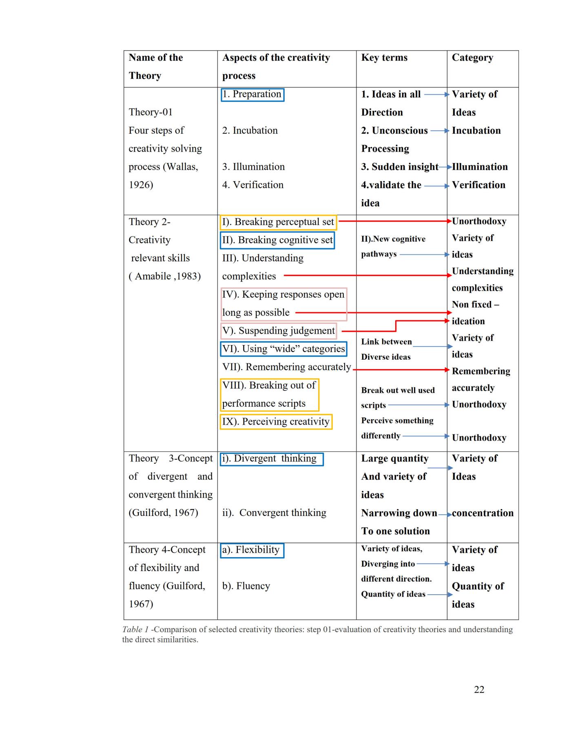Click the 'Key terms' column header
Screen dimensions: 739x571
coord(384,58)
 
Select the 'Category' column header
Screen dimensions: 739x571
coord(472,58)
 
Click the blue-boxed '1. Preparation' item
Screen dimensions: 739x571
coord(252,94)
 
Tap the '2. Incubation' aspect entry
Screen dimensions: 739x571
coord(250,131)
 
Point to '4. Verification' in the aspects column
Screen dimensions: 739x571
coord(252,185)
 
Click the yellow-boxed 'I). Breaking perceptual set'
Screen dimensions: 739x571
coord(278,222)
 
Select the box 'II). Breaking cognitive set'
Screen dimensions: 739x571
coord(277,240)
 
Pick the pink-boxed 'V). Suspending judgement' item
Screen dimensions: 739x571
coord(279,330)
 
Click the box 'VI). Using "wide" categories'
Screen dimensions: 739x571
coord(283,349)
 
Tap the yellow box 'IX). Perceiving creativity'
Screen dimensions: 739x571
coord(276,421)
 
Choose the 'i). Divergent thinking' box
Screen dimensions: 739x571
coord(271,459)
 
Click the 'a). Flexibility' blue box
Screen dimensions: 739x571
coord(252,550)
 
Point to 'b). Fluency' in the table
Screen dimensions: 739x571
coord(246,586)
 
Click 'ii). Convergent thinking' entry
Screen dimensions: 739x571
coord(274,513)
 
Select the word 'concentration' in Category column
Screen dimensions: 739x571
coord(482,513)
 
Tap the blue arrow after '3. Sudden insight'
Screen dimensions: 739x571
coord(445,167)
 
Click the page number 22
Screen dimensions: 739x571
coord(479,689)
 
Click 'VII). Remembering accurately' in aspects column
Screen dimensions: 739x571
coord(286,367)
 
